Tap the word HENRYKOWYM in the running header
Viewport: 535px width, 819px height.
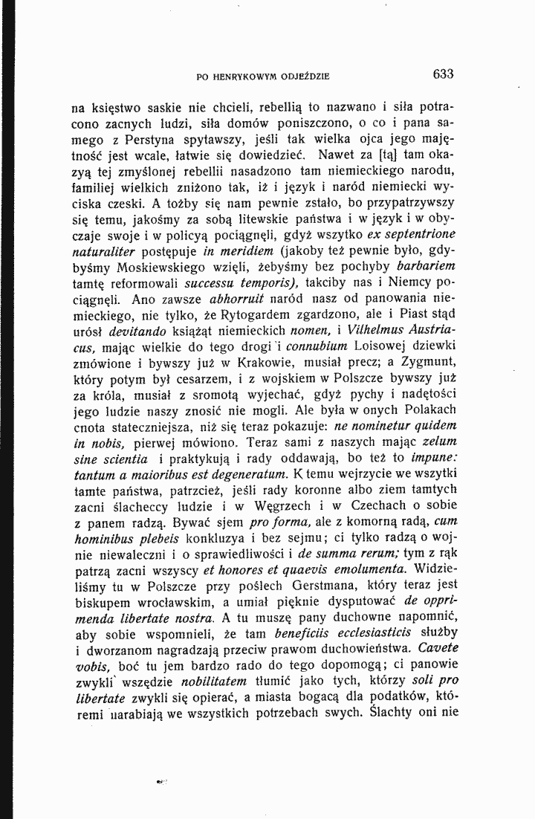pyautogui.click(x=246, y=75)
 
